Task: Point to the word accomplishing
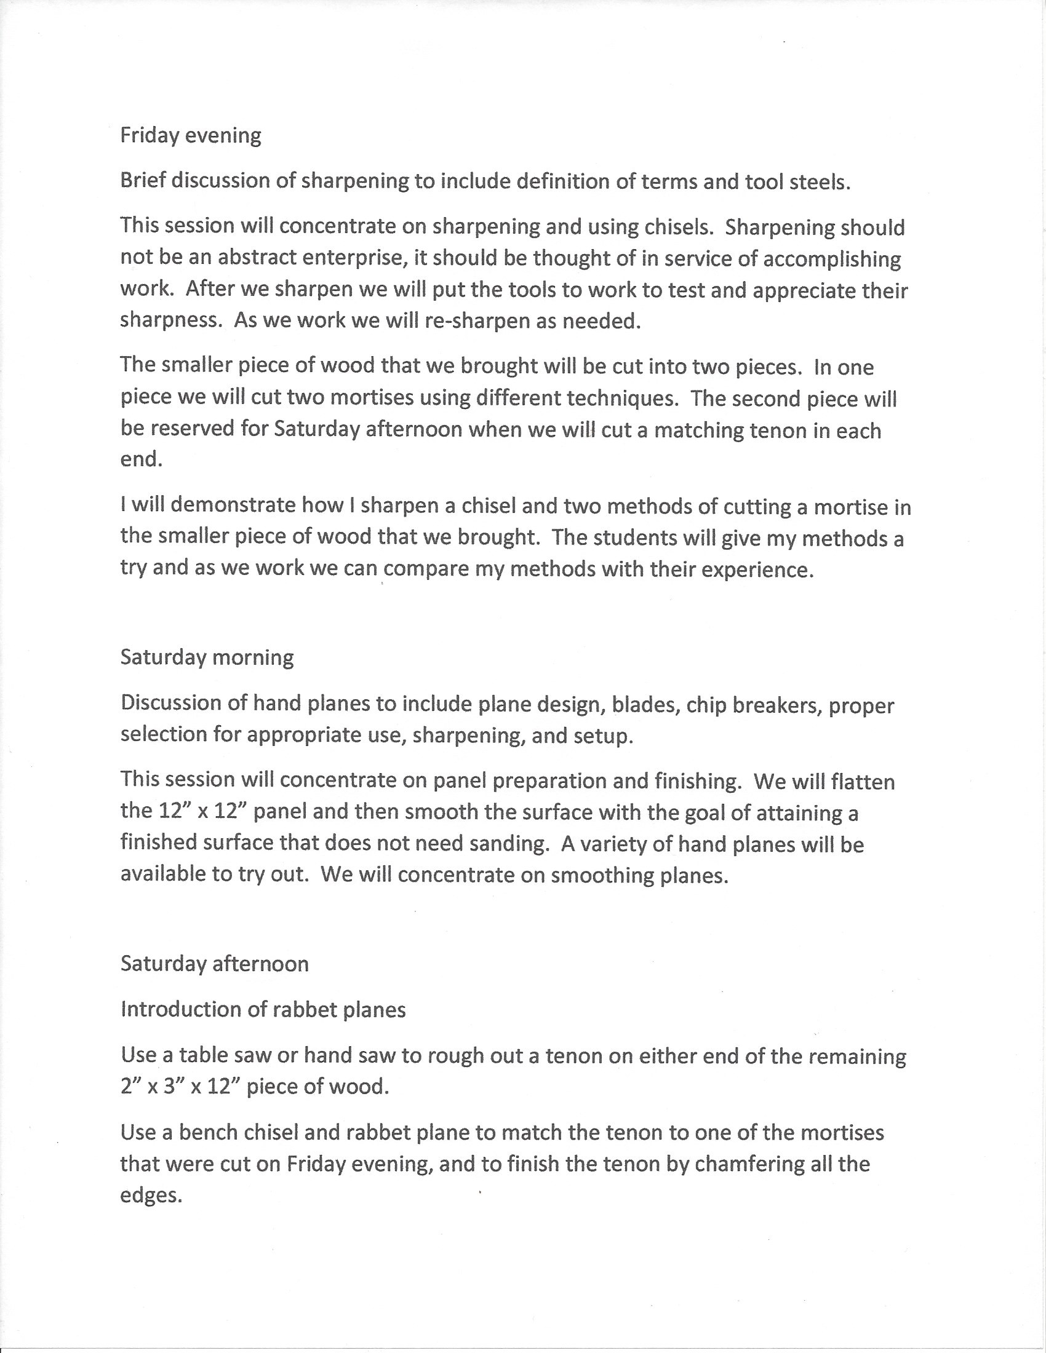point(832,259)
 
